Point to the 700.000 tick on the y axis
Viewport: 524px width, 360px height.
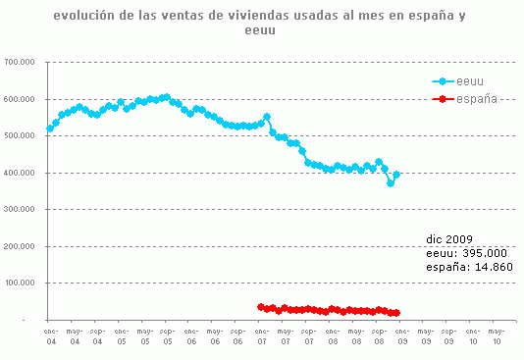click(x=21, y=62)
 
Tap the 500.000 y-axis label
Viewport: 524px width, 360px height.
click(x=21, y=135)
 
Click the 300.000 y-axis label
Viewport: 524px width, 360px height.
click(x=21, y=209)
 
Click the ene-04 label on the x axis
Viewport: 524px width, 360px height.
click(x=50, y=335)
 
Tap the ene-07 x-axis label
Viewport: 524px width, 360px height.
click(x=261, y=335)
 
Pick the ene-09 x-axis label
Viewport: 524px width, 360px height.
click(x=401, y=335)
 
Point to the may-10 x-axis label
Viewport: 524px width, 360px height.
click(x=496, y=335)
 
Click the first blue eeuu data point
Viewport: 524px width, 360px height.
click(x=50, y=129)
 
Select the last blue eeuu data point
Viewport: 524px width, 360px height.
click(x=396, y=175)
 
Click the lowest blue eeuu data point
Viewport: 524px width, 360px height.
click(x=391, y=183)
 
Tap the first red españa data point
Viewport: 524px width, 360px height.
click(x=261, y=307)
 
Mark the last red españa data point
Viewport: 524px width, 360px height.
click(x=396, y=314)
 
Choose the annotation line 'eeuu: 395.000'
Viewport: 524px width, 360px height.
click(x=463, y=252)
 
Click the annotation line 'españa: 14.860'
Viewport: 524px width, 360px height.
click(x=468, y=266)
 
